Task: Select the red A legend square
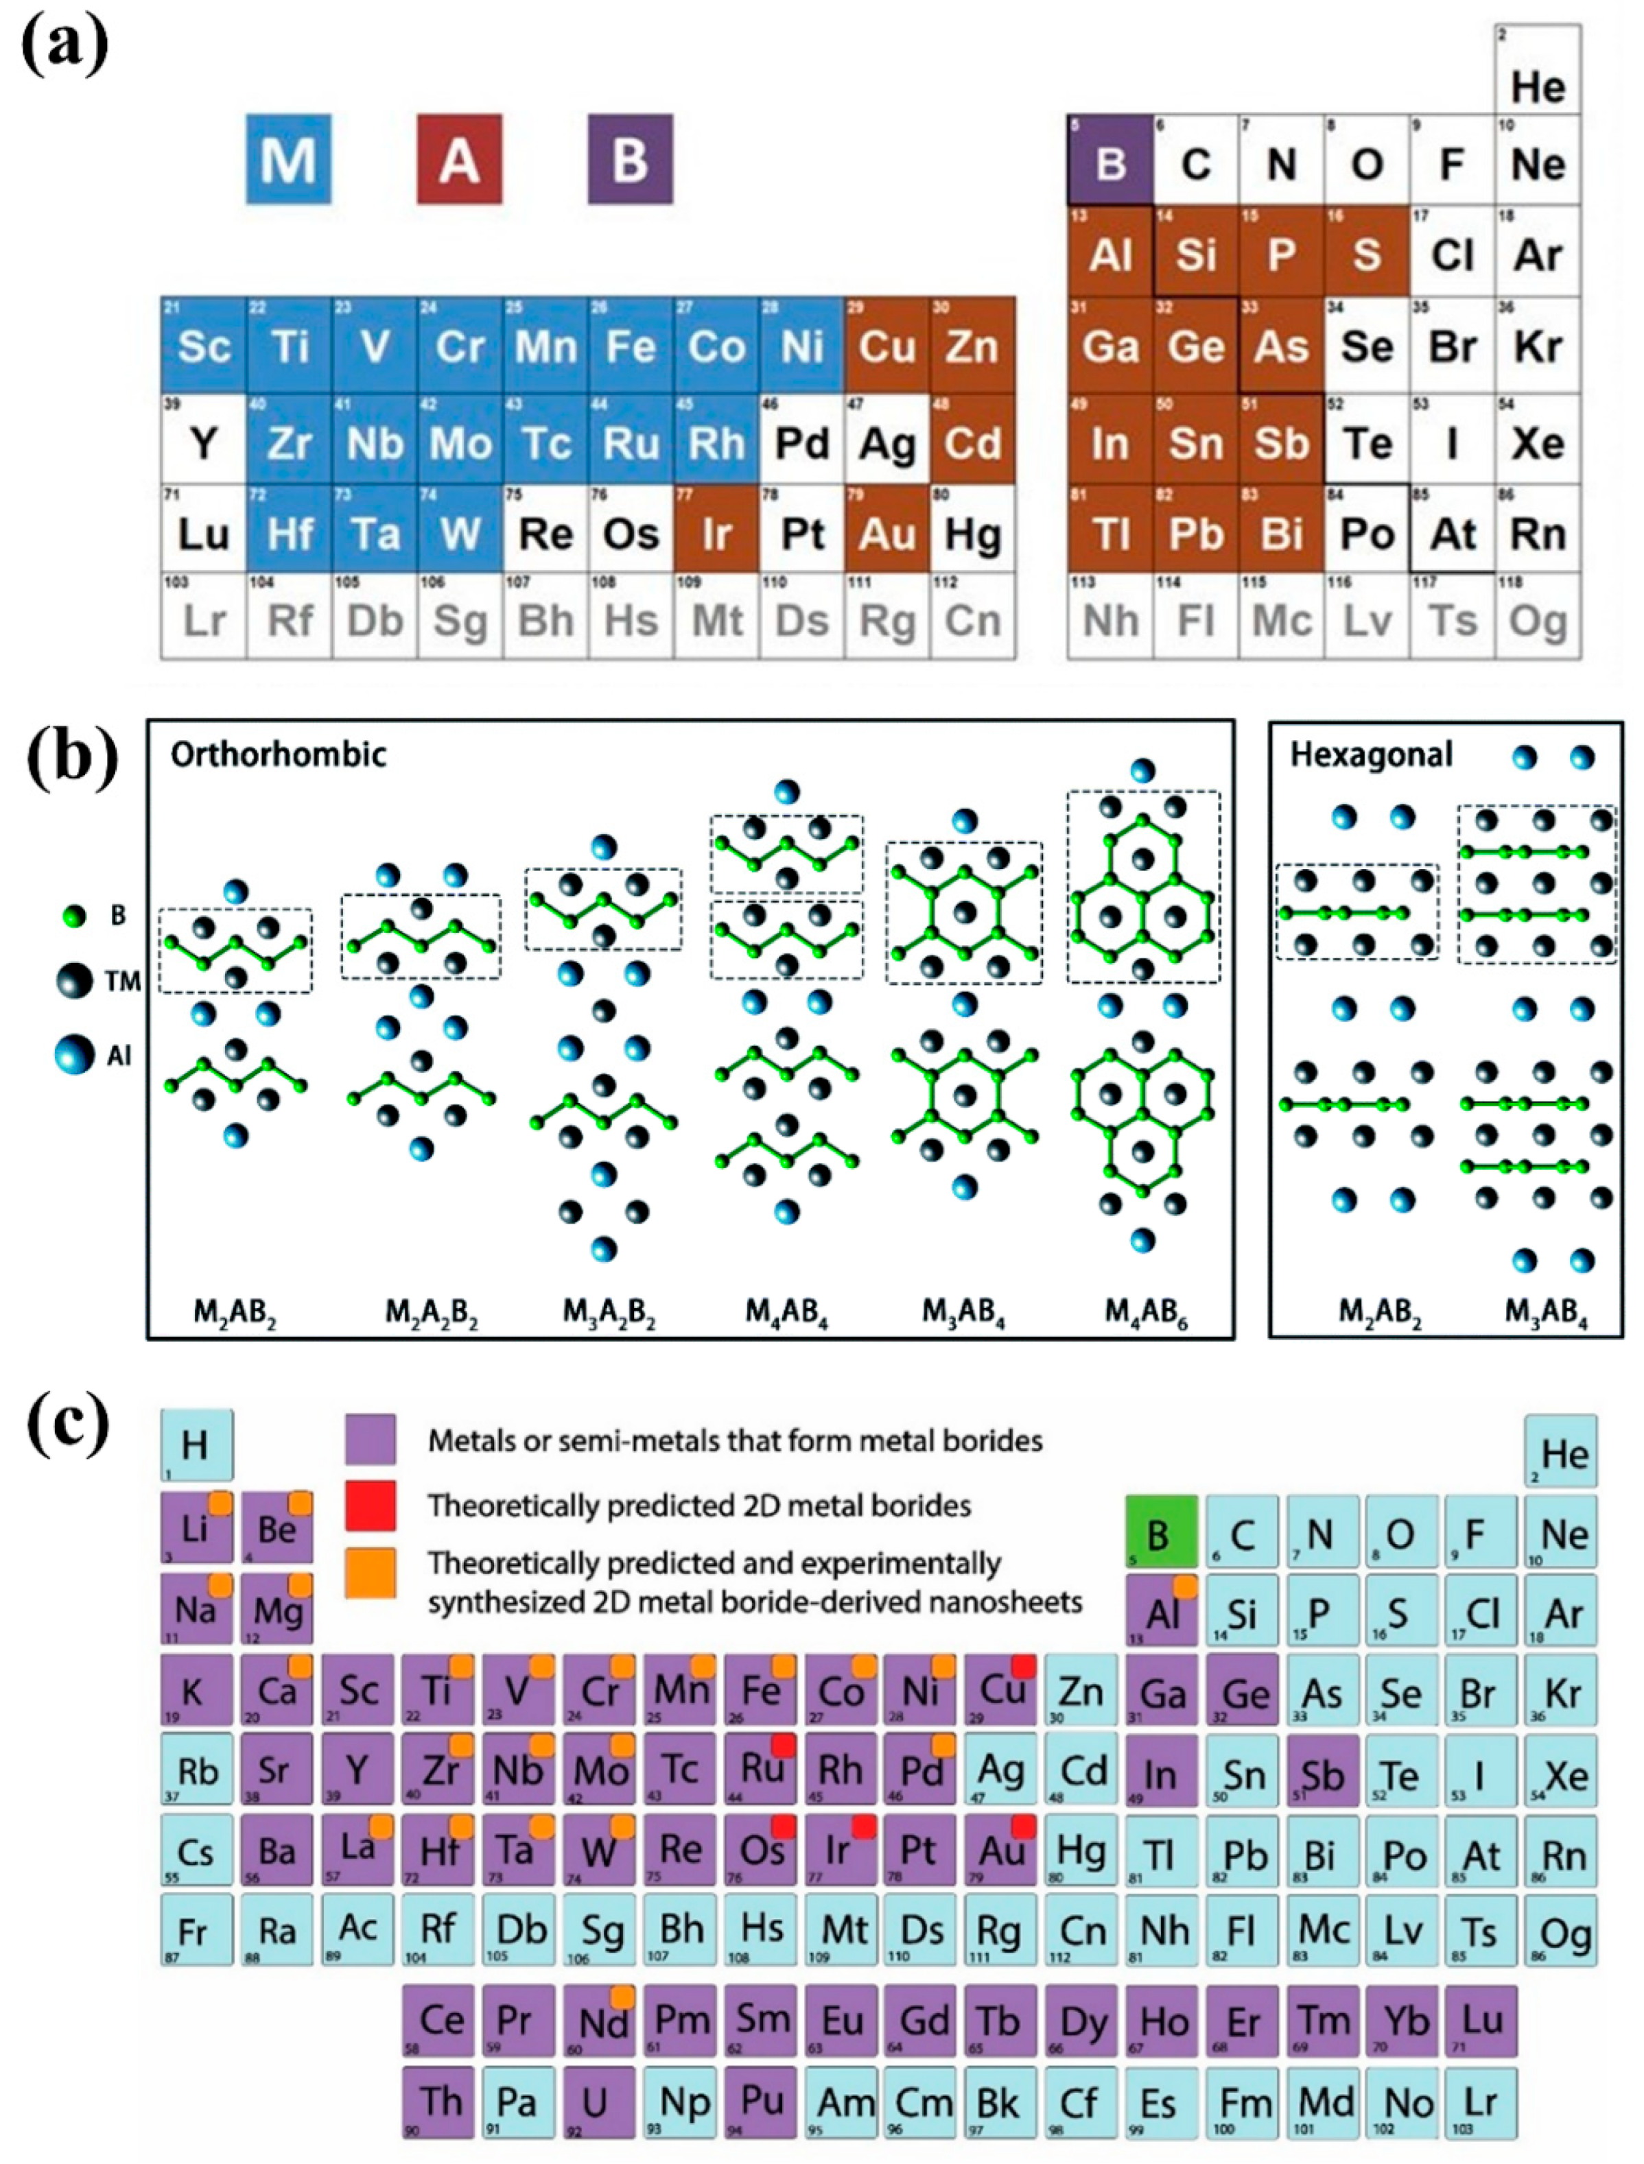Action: click(x=459, y=158)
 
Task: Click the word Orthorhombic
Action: click(x=279, y=754)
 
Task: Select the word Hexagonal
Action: click(x=1371, y=754)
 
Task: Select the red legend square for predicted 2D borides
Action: click(x=371, y=1505)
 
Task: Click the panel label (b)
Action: click(x=71, y=757)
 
